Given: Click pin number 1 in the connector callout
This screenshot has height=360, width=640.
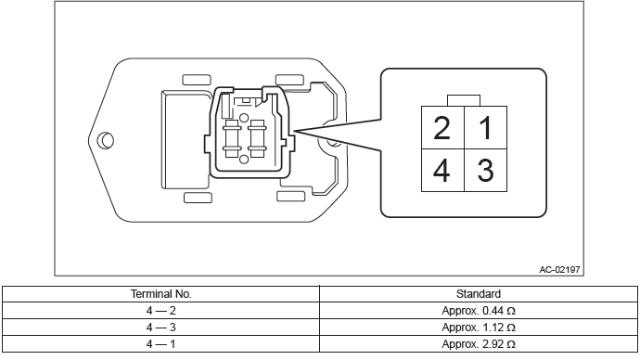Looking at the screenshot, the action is click(486, 128).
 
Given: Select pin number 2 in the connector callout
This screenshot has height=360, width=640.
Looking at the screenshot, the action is click(442, 128).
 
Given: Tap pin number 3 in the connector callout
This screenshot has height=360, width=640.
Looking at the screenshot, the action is click(486, 170).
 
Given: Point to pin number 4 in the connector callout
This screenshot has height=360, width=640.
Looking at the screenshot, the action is click(442, 170).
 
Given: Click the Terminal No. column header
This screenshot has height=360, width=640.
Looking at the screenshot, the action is click(160, 294).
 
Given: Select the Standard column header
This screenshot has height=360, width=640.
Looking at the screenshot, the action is click(479, 294).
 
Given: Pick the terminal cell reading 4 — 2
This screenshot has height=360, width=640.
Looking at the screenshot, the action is click(160, 311).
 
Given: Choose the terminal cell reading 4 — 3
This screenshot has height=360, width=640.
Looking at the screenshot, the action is click(160, 328).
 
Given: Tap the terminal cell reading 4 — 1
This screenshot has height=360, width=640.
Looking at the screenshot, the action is click(160, 344).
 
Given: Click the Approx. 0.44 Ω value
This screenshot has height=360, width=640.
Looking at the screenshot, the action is click(479, 311).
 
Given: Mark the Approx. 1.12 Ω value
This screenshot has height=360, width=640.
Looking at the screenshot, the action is click(479, 328).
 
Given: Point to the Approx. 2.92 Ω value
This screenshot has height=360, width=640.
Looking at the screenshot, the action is click(479, 344).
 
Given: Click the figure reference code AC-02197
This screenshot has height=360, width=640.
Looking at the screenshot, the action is click(559, 269).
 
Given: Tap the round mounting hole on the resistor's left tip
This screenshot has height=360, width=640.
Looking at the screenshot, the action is click(106, 140).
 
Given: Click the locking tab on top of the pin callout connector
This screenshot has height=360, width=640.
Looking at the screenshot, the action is click(464, 101).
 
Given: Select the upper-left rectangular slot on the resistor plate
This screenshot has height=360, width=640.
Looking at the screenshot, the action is click(197, 80).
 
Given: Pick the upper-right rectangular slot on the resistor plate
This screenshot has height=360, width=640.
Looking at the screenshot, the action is click(289, 80).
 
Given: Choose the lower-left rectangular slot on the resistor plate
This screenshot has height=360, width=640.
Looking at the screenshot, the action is click(198, 198).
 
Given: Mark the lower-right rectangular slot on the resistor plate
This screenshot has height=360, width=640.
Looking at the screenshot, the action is click(290, 197).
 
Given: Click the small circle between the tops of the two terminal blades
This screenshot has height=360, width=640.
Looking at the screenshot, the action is click(244, 119).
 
